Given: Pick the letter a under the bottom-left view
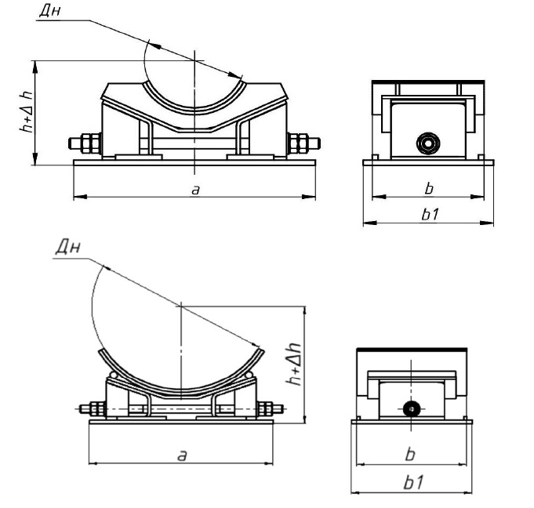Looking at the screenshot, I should coord(182,455).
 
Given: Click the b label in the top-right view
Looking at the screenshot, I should coord(428,189).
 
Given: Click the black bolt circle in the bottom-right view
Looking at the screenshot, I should coord(409,408).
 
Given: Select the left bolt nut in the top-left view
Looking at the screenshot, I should coord(84,143).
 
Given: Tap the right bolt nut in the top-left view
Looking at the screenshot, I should coord(300,143).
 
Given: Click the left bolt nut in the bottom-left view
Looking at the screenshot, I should coord(97,408).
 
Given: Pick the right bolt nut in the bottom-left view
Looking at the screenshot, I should coord(266,408).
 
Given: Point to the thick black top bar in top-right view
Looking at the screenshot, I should coord(428,81).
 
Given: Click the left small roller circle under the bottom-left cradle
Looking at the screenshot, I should coord(115,377).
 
